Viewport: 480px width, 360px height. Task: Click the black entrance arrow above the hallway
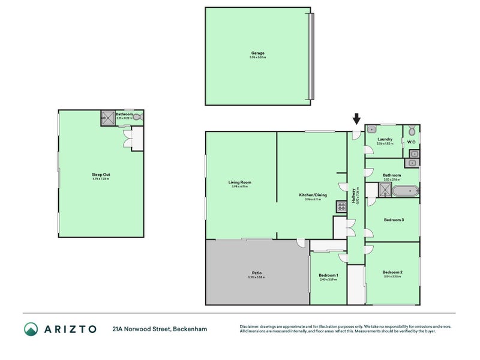click(356, 119)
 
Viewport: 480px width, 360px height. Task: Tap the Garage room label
click(257, 53)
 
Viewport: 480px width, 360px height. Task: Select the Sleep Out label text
click(101, 175)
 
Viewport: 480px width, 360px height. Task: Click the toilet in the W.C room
click(412, 131)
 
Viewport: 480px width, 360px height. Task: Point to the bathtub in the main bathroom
click(405, 191)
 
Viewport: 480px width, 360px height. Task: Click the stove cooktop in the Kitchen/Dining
click(341, 208)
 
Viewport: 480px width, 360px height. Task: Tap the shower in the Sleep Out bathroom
click(107, 118)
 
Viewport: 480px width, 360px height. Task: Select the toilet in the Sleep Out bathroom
click(138, 118)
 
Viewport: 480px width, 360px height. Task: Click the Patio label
click(256, 273)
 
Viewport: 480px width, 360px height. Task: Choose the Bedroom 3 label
click(393, 220)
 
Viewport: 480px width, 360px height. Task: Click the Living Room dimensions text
click(239, 187)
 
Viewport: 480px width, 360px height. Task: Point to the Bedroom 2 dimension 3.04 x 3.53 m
click(392, 277)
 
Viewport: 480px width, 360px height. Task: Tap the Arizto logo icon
click(31, 329)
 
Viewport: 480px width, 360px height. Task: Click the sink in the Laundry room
click(372, 128)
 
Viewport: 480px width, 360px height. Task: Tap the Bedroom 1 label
click(328, 275)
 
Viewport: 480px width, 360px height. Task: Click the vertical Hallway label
click(356, 196)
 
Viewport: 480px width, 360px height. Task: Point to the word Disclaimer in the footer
click(252, 327)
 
